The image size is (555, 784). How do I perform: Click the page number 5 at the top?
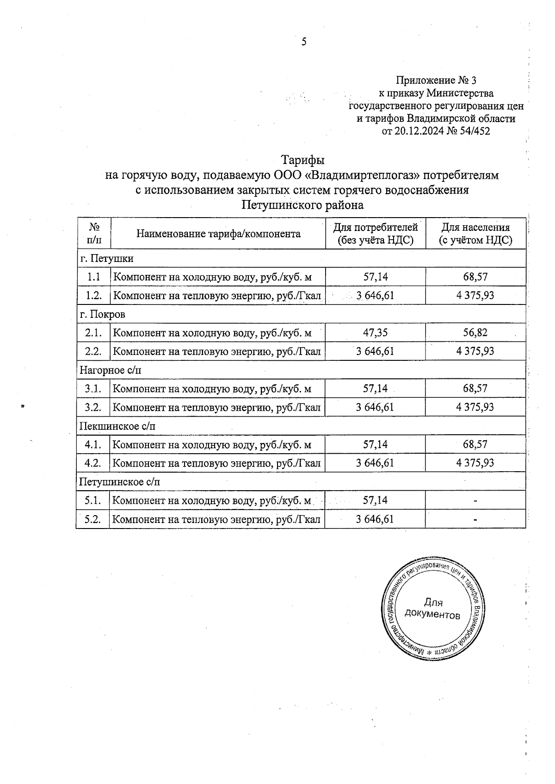[304, 42]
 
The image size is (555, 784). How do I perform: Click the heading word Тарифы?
[303, 160]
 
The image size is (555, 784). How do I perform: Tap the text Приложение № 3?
[436, 81]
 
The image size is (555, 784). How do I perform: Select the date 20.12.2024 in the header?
[419, 131]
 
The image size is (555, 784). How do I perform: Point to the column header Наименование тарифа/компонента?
[218, 234]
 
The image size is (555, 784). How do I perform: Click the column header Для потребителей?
[375, 227]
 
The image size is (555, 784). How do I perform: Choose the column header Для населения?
[475, 227]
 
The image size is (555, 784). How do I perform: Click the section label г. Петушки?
[106, 258]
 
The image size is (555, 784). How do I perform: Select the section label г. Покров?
[103, 314]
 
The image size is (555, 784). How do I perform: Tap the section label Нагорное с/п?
[111, 370]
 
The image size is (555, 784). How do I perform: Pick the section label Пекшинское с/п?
[117, 426]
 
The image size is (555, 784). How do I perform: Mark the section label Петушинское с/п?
[120, 482]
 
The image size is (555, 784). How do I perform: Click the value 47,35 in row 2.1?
[375, 333]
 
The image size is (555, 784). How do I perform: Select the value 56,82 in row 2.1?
[475, 333]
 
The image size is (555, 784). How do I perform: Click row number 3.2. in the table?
[93, 407]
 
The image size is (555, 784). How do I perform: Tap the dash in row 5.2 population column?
[475, 519]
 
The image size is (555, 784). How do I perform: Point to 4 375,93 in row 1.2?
[475, 295]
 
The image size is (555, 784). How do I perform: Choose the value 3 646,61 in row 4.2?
[375, 463]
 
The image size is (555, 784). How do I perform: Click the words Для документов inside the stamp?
[433, 609]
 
